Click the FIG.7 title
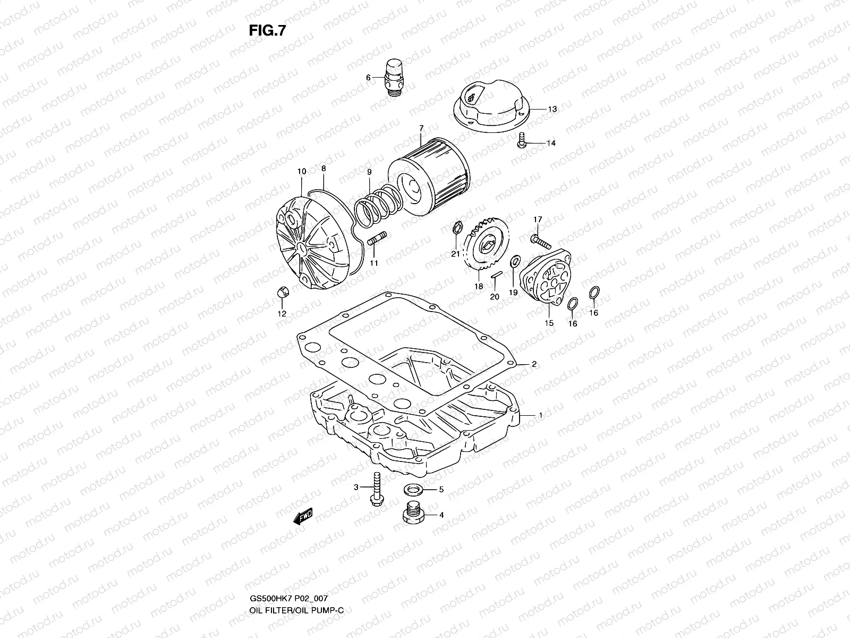[x=267, y=31]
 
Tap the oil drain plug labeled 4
[x=412, y=513]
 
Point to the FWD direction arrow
[x=303, y=516]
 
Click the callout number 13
[x=552, y=109]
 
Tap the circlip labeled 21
[x=455, y=228]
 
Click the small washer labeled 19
[x=514, y=262]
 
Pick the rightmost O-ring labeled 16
[x=594, y=292]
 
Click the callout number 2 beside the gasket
[x=534, y=364]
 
